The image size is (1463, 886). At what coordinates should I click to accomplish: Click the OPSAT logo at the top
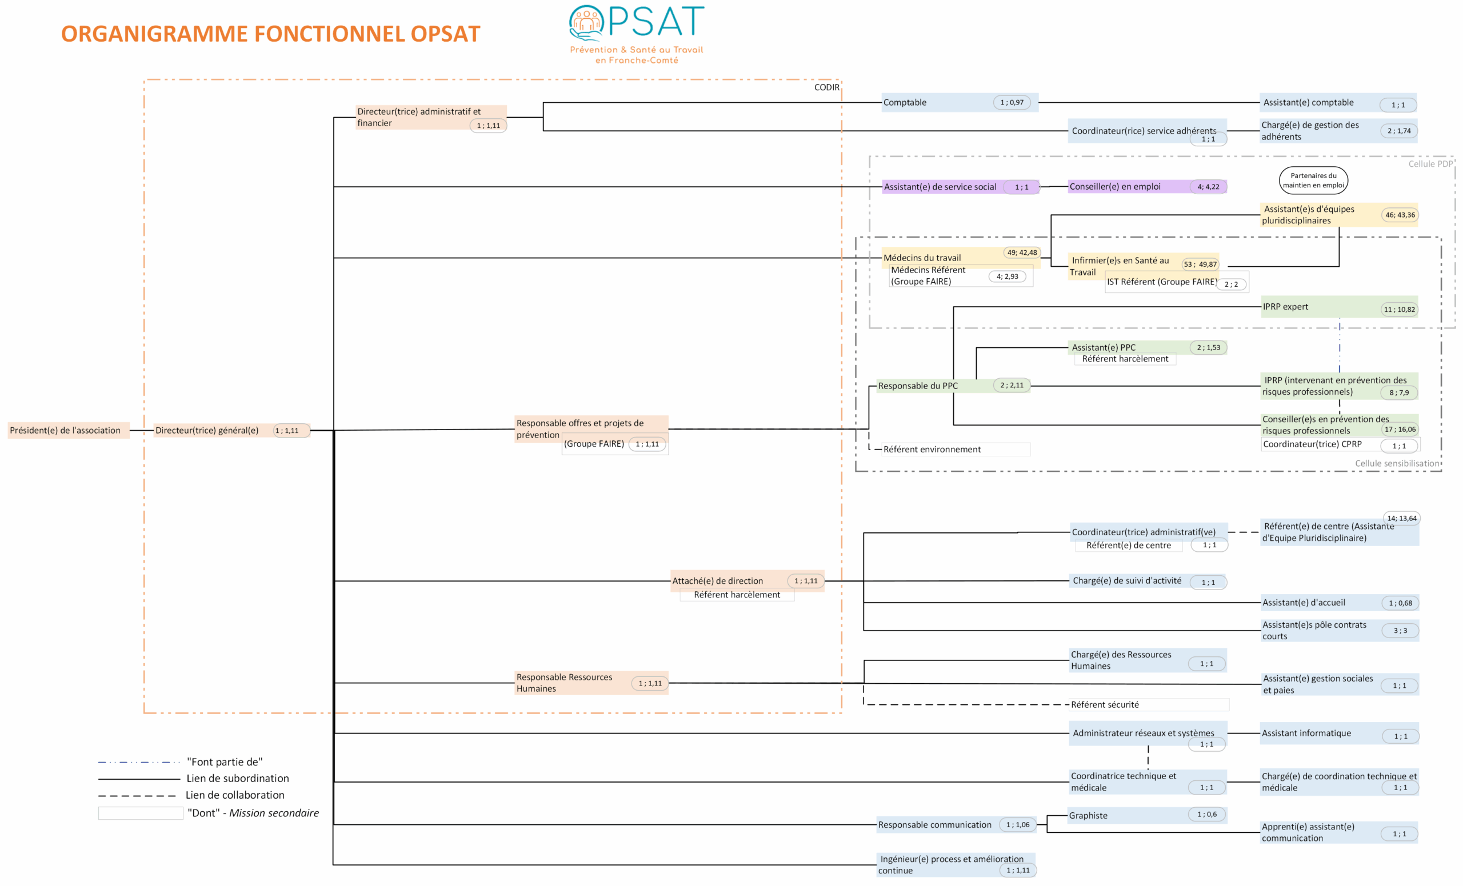tap(637, 34)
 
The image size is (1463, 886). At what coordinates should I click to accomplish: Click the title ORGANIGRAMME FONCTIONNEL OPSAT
tap(270, 34)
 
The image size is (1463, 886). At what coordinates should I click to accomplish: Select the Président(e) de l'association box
tap(68, 430)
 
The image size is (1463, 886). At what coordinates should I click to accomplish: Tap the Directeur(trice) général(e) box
tap(231, 430)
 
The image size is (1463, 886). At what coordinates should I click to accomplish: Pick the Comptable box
tap(960, 103)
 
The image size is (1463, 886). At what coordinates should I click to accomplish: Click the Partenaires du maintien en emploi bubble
tap(1313, 181)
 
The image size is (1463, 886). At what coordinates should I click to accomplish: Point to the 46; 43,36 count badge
tap(1400, 215)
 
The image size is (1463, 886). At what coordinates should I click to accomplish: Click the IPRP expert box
tap(1340, 307)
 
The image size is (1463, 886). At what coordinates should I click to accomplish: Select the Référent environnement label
tap(932, 449)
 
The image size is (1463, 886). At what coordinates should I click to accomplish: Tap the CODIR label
tap(826, 87)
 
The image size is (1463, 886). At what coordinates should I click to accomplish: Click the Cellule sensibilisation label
tap(1397, 463)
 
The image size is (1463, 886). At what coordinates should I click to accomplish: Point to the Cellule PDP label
tap(1430, 164)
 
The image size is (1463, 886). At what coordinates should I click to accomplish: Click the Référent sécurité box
tap(1149, 704)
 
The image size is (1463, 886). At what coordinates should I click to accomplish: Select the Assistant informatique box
tap(1340, 733)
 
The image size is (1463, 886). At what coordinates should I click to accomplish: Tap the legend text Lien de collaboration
tap(234, 795)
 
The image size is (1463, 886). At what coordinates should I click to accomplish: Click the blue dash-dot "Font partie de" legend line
tap(139, 762)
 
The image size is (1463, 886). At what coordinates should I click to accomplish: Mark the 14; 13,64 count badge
tap(1401, 518)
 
